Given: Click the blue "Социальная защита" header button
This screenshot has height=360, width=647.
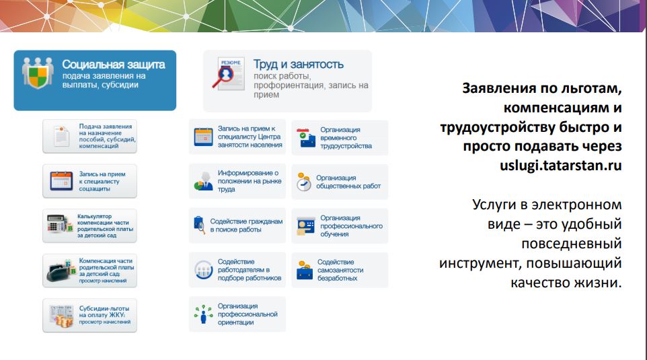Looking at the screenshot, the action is [x=95, y=80].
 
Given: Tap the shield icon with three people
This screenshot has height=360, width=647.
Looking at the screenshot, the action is [x=38, y=73].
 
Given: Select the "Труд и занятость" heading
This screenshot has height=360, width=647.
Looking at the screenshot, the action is [x=298, y=65].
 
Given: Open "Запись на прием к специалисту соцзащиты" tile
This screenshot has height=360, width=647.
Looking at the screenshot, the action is [x=89, y=181].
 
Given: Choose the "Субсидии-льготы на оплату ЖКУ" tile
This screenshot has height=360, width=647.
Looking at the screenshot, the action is [x=89, y=316].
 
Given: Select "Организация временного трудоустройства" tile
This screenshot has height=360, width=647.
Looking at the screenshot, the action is [x=340, y=137].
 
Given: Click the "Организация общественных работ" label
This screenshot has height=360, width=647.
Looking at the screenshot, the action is [x=348, y=182].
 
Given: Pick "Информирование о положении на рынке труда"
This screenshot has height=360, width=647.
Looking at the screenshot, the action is [x=237, y=181].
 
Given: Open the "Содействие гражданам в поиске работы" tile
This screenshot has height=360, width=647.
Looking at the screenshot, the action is [x=237, y=225].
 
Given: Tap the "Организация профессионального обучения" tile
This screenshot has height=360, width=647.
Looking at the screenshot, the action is [x=340, y=226].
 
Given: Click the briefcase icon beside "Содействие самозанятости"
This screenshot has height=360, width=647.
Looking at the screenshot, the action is [x=305, y=271].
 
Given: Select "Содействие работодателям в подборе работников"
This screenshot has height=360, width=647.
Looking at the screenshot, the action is [x=237, y=270].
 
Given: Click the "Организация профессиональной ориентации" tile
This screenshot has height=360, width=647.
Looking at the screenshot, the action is [x=237, y=314].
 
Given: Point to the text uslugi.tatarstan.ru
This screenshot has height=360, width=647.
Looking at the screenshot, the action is [x=561, y=166].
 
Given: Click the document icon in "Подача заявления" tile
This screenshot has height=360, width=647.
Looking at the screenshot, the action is [x=61, y=136].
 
